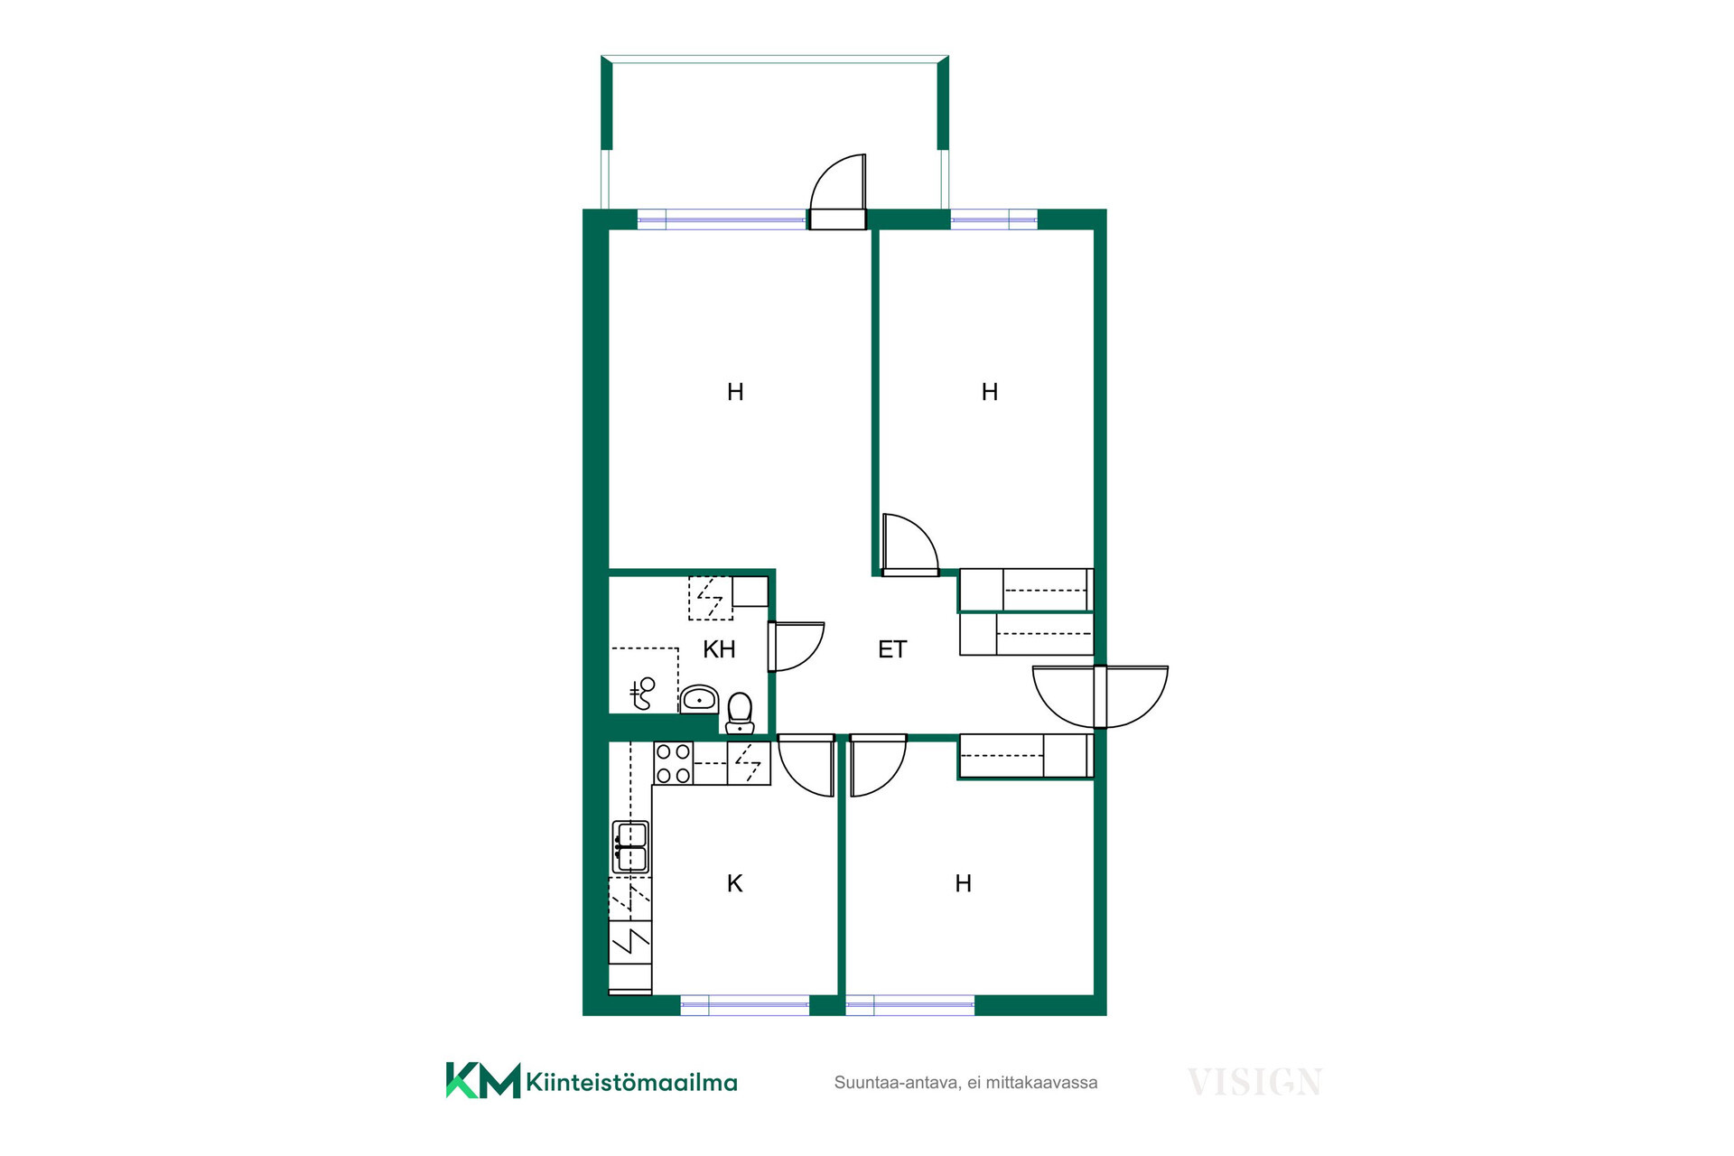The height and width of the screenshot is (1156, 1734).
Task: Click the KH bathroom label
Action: pos(719,649)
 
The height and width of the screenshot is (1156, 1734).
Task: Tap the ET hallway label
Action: pos(892,649)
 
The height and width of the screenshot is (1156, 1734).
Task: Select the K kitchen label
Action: pos(735,883)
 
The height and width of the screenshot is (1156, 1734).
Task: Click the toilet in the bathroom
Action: pos(740,713)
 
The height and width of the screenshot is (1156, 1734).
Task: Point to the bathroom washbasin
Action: pos(699,699)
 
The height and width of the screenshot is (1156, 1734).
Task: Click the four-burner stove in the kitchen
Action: pos(673,763)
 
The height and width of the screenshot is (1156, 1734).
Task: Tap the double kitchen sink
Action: pos(630,846)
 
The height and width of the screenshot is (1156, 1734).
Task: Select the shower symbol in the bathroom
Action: pos(643,693)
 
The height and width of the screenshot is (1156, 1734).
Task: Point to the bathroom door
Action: pos(796,647)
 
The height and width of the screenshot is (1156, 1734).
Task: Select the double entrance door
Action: pos(1100,696)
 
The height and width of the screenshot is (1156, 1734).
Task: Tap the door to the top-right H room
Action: pos(910,545)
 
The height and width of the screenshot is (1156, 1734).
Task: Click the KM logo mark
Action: pos(483,1080)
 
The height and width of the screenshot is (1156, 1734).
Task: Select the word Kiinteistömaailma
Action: pos(631,1082)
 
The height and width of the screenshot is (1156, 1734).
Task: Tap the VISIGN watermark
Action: pos(1254,1082)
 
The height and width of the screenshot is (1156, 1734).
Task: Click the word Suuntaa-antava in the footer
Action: pos(896,1083)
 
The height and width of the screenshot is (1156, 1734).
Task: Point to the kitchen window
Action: pos(745,1005)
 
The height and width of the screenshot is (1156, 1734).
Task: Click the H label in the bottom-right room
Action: pos(964,883)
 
